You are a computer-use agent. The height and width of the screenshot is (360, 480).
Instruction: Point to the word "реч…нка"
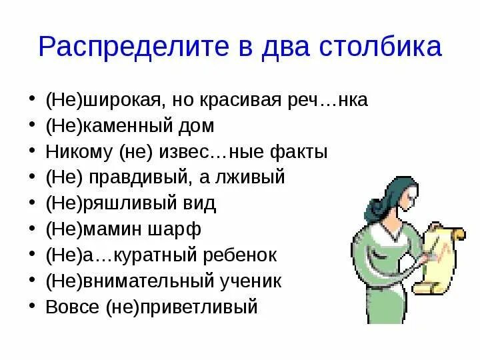tap(334, 100)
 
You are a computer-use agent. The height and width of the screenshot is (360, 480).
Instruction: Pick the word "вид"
tap(200, 203)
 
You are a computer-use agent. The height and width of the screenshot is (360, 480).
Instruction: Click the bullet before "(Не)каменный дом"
tap(34, 126)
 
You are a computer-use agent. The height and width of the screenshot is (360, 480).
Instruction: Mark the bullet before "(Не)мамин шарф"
tap(34, 229)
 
